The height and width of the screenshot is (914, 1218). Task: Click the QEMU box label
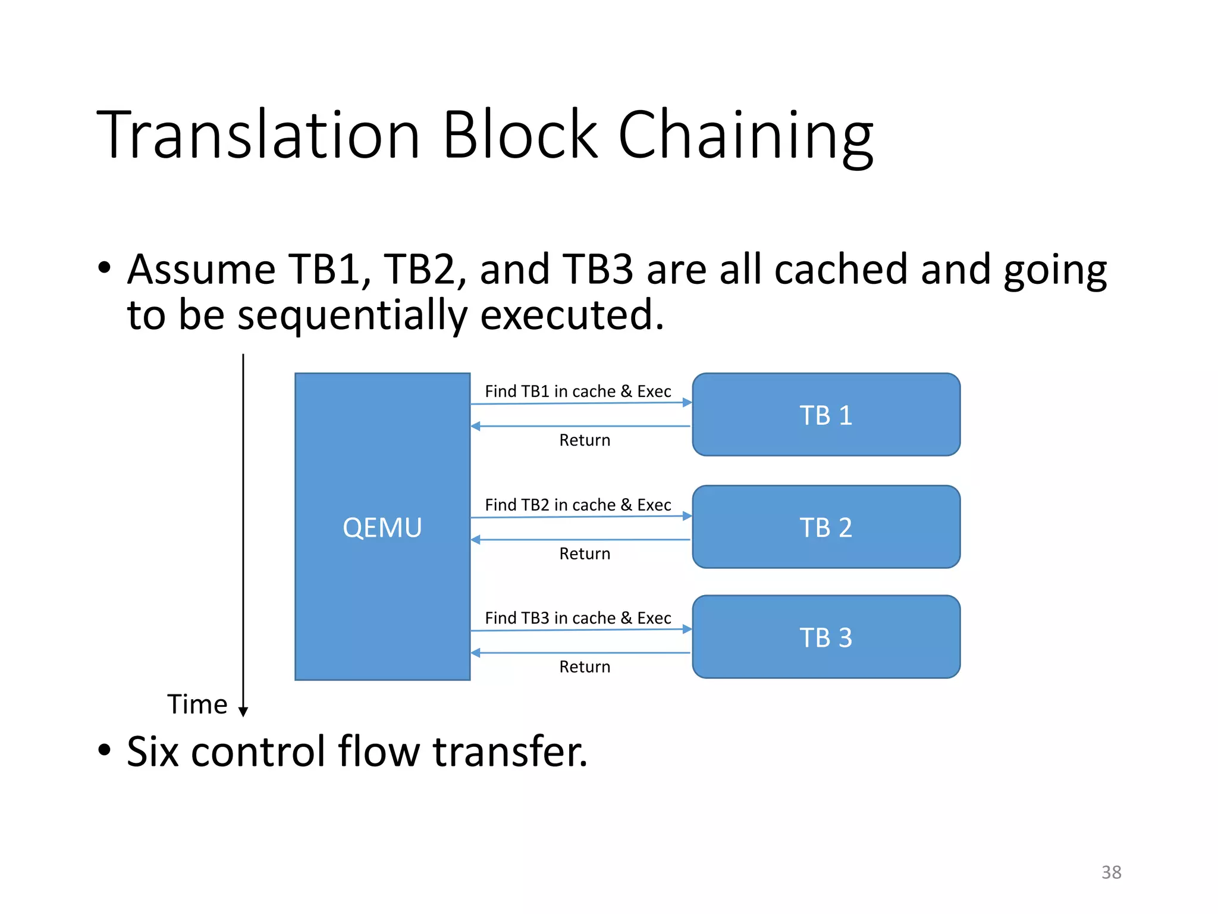[x=382, y=528]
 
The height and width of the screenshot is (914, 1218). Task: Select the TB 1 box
[x=825, y=415]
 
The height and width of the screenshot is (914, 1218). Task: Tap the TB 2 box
[x=825, y=527]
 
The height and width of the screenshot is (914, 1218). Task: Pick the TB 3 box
[x=825, y=637]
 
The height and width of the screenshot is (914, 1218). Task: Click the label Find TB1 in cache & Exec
[x=577, y=392]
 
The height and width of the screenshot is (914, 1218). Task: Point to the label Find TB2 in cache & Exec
[x=577, y=505]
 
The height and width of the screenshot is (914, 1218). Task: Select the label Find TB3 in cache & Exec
[x=577, y=618]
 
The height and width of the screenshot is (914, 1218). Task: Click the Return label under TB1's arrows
[x=585, y=440]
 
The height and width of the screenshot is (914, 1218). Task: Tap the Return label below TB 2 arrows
[x=585, y=554]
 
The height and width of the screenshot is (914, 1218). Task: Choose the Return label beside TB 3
[x=585, y=667]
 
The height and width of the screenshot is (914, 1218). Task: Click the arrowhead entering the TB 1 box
[x=688, y=403]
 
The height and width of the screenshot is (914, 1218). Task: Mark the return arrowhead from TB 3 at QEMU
[x=476, y=653]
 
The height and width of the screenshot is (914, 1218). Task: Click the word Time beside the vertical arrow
[x=197, y=705]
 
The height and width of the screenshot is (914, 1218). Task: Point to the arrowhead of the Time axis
[x=243, y=712]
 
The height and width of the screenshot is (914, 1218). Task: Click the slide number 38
[x=1111, y=872]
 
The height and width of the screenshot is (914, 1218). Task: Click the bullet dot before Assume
[x=105, y=268]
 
